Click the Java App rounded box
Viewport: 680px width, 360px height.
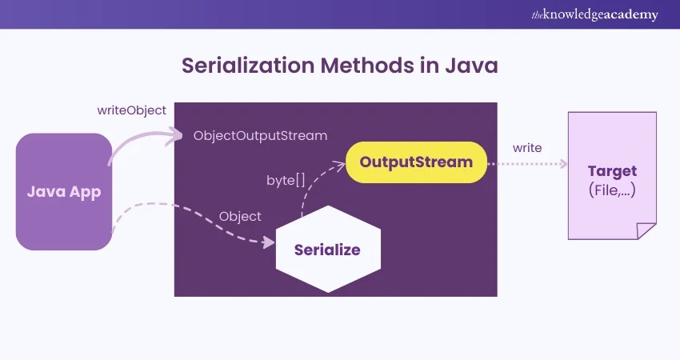point(63,192)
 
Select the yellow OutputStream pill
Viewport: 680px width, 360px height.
point(416,162)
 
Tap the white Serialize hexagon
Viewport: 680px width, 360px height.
point(327,250)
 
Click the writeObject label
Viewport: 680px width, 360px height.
point(131,110)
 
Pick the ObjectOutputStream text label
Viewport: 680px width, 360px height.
point(260,136)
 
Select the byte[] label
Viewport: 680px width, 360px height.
point(286,180)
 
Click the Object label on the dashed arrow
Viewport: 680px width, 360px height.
point(240,216)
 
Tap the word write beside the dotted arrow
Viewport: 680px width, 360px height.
point(527,148)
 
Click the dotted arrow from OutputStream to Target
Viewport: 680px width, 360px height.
point(528,163)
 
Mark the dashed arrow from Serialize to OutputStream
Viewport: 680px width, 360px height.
point(316,188)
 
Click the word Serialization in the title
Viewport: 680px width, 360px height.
point(251,66)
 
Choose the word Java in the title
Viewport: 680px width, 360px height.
point(471,66)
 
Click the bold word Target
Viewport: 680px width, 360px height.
point(612,171)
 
